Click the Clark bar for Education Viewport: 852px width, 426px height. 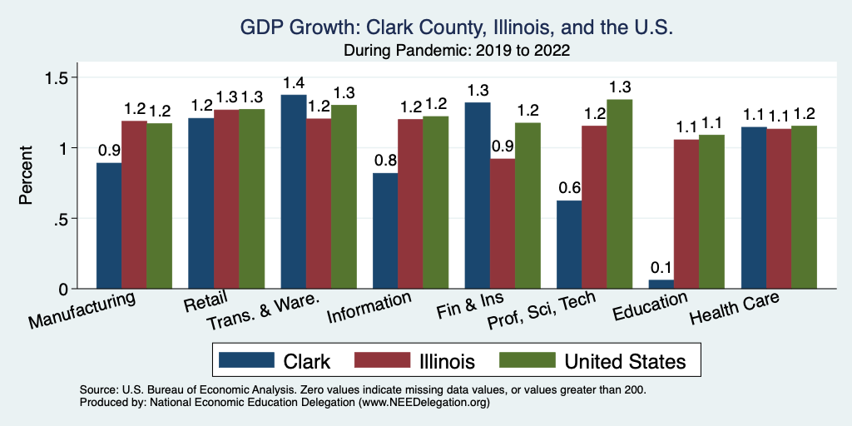point(661,284)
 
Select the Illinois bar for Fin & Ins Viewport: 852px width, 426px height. point(503,223)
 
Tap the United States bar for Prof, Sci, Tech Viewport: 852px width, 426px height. point(620,194)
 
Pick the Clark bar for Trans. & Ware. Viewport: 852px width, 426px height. point(294,191)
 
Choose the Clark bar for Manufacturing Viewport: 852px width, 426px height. point(110,225)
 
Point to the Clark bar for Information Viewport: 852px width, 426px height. point(385,230)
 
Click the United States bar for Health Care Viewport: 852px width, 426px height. point(804,207)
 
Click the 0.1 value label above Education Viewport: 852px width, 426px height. point(661,267)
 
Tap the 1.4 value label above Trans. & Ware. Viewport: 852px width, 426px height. point(294,83)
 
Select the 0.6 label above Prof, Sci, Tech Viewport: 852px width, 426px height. point(569,189)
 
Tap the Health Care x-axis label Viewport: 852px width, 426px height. point(734,310)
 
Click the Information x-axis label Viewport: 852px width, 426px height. point(369,308)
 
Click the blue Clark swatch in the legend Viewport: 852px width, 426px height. point(246,360)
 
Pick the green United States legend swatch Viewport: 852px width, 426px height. point(526,360)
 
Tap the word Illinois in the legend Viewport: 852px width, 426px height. point(448,361)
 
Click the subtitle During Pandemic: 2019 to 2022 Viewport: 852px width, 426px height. point(456,50)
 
